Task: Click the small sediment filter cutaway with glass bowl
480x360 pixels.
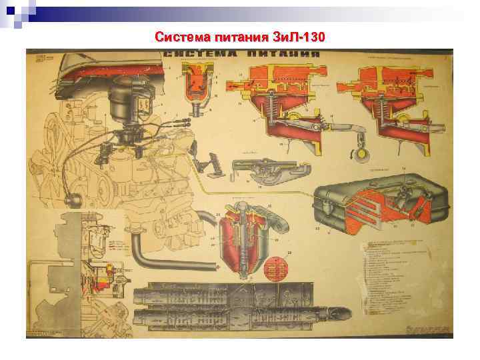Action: coord(199,83)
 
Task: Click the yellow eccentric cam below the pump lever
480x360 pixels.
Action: coord(363,156)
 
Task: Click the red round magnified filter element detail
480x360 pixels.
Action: coord(275,268)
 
